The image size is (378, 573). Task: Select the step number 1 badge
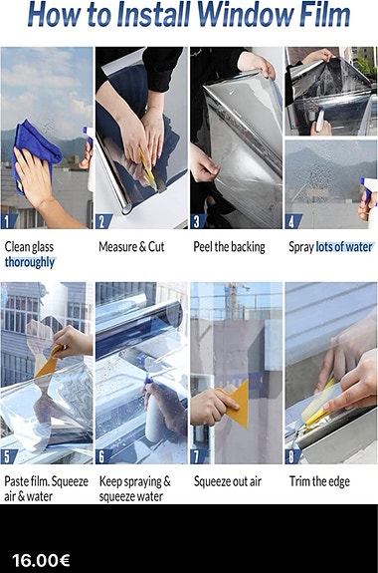click(x=8, y=221)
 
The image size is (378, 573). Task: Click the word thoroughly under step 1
click(x=30, y=262)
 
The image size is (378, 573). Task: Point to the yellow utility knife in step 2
click(x=148, y=170)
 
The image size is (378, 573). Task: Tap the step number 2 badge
click(x=102, y=221)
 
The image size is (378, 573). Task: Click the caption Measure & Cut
click(x=131, y=247)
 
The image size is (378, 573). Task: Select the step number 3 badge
click(x=197, y=221)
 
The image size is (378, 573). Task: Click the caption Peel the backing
click(x=229, y=247)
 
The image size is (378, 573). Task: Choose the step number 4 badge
click(x=291, y=221)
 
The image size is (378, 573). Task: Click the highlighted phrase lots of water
click(x=344, y=247)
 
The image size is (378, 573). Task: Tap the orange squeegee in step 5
click(x=49, y=362)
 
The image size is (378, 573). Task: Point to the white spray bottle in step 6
click(x=154, y=412)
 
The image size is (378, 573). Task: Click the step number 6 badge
click(x=102, y=456)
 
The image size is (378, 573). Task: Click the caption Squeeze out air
click(x=228, y=481)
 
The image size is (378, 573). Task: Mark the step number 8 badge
click(x=291, y=456)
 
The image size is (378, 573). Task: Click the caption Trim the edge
click(x=319, y=481)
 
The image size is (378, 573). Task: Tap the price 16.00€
click(x=41, y=560)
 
